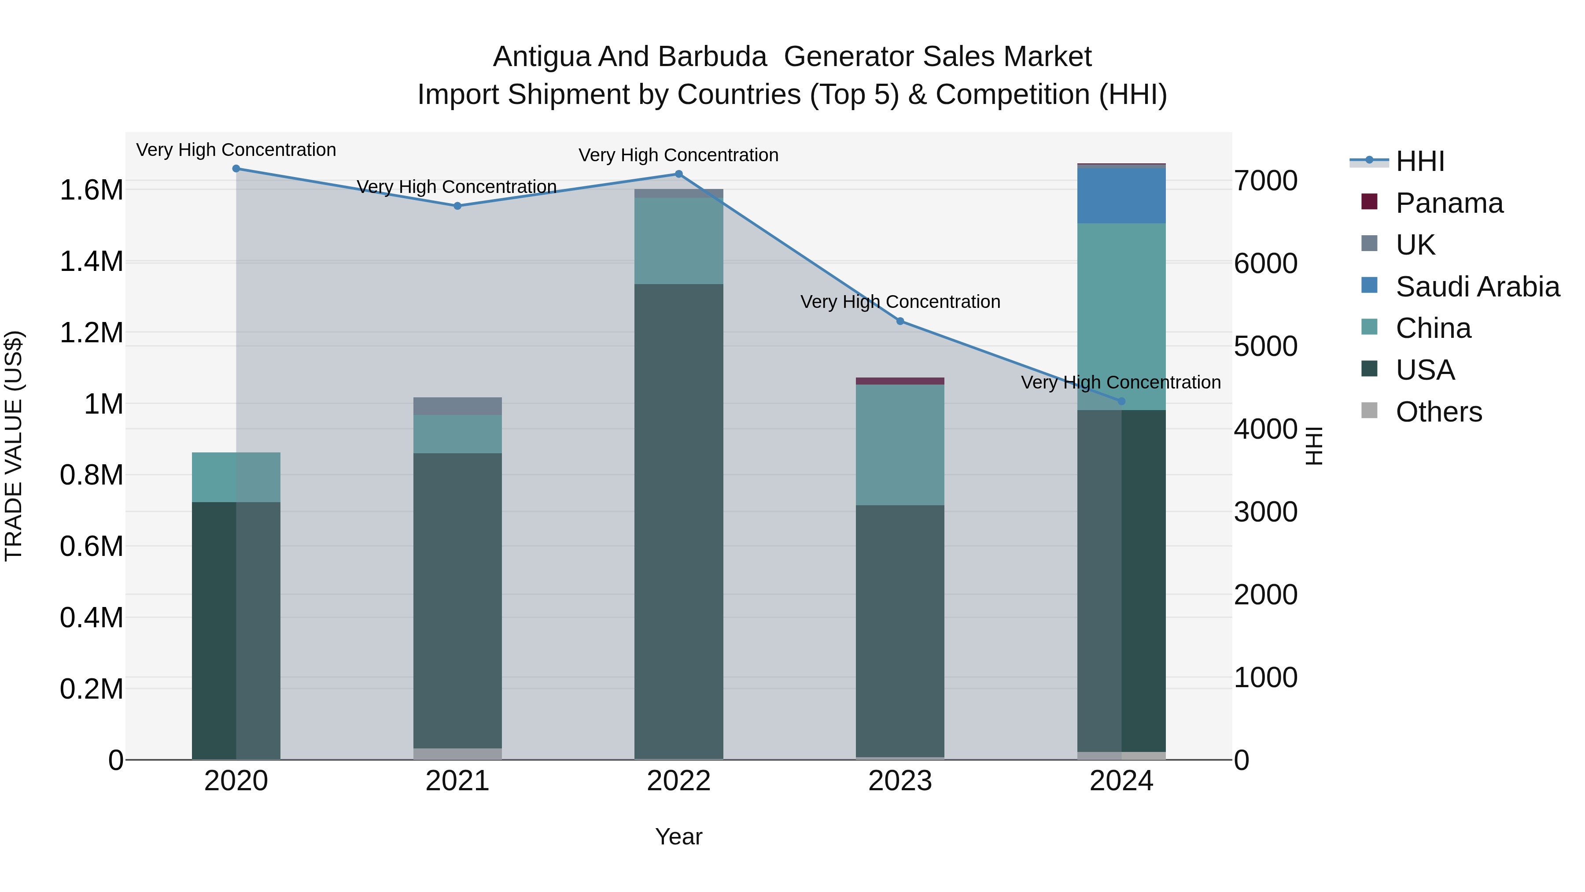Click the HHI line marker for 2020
(236, 169)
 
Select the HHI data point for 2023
(900, 322)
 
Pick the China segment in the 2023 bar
(900, 445)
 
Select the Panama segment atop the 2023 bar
(900, 381)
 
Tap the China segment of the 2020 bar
(236, 477)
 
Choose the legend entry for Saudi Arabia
(1477, 287)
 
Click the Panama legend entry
(1449, 203)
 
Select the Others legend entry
(1438, 412)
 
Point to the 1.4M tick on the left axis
(92, 262)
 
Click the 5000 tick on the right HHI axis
(1266, 347)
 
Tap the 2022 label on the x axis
(678, 781)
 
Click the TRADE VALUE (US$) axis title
(14, 446)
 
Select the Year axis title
(678, 836)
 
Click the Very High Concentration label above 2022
(678, 155)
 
